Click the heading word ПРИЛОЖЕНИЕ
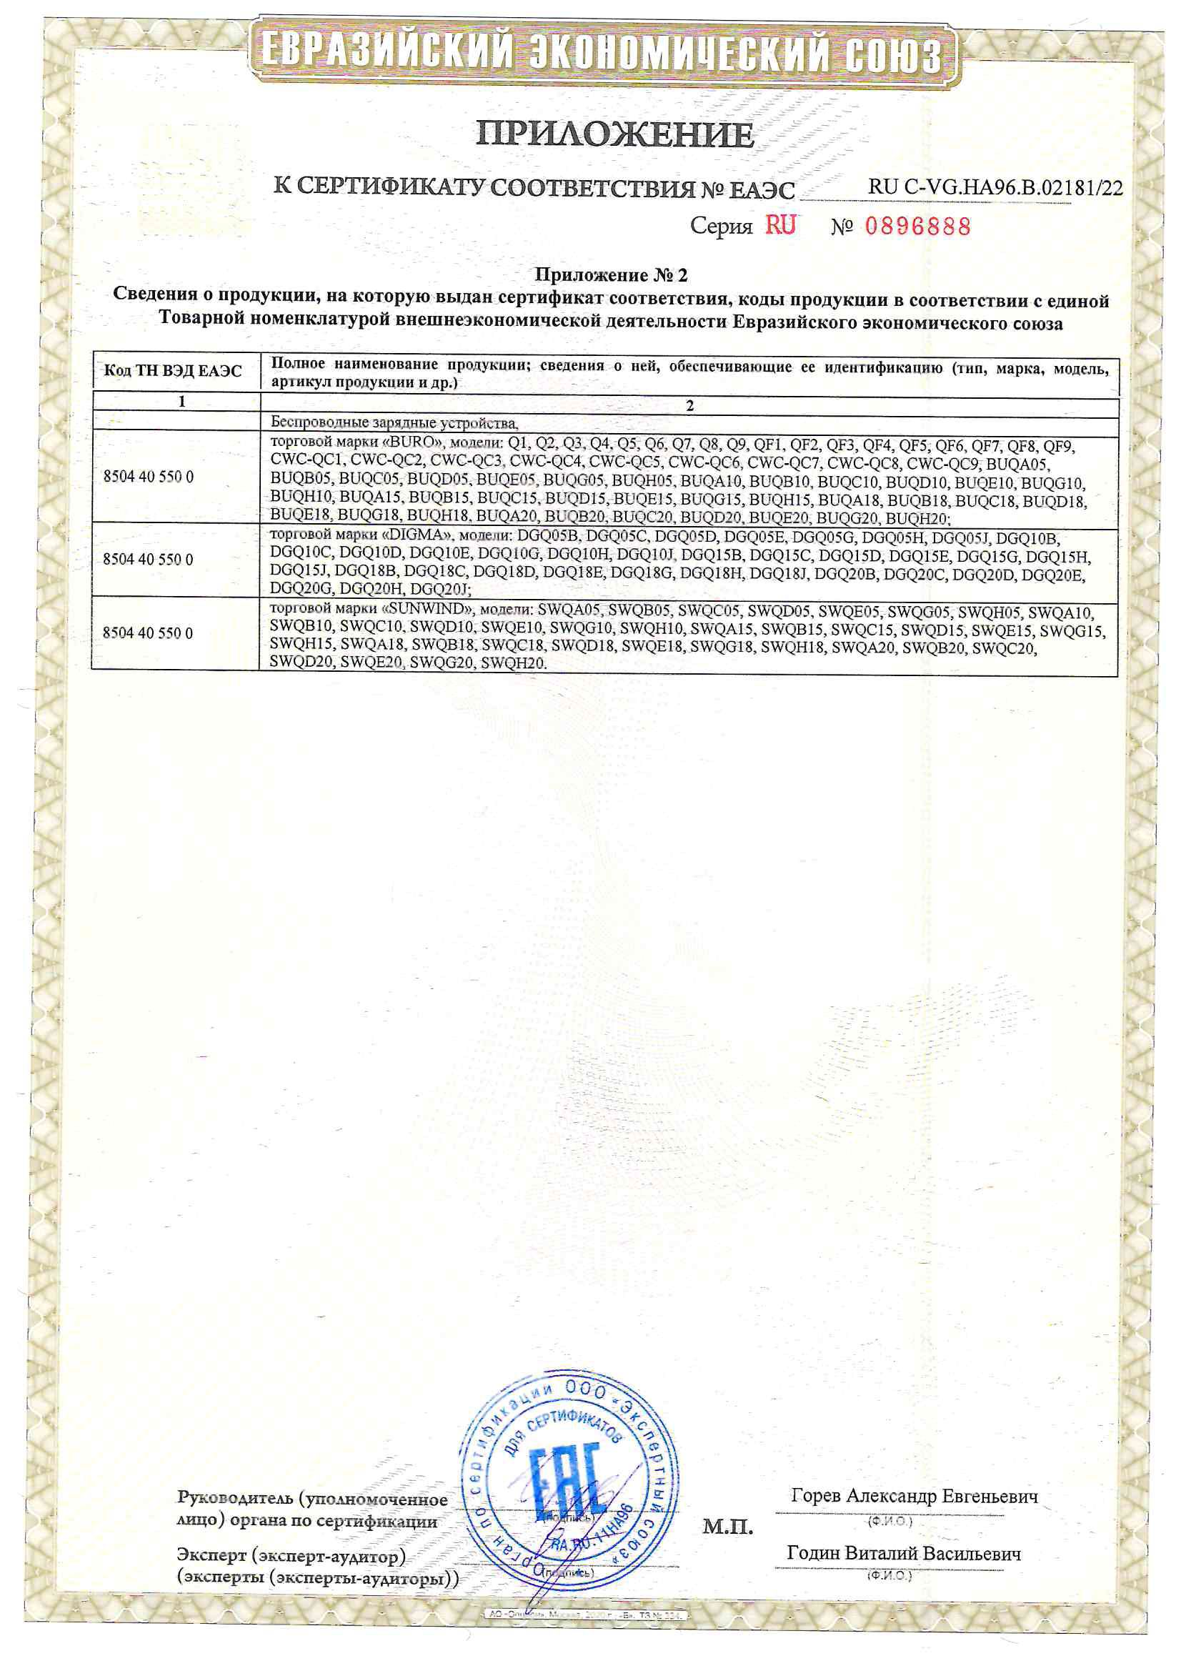tap(615, 134)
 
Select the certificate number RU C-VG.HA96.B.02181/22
tap(995, 188)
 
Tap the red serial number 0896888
tap(917, 227)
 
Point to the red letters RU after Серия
tap(780, 226)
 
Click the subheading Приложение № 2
tap(612, 275)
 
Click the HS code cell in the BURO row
tap(149, 477)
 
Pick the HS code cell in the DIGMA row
tap(149, 559)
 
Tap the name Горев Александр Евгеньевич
tap(914, 1497)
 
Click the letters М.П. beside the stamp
tap(727, 1527)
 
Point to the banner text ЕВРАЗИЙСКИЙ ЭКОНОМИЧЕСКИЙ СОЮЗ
tap(601, 52)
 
